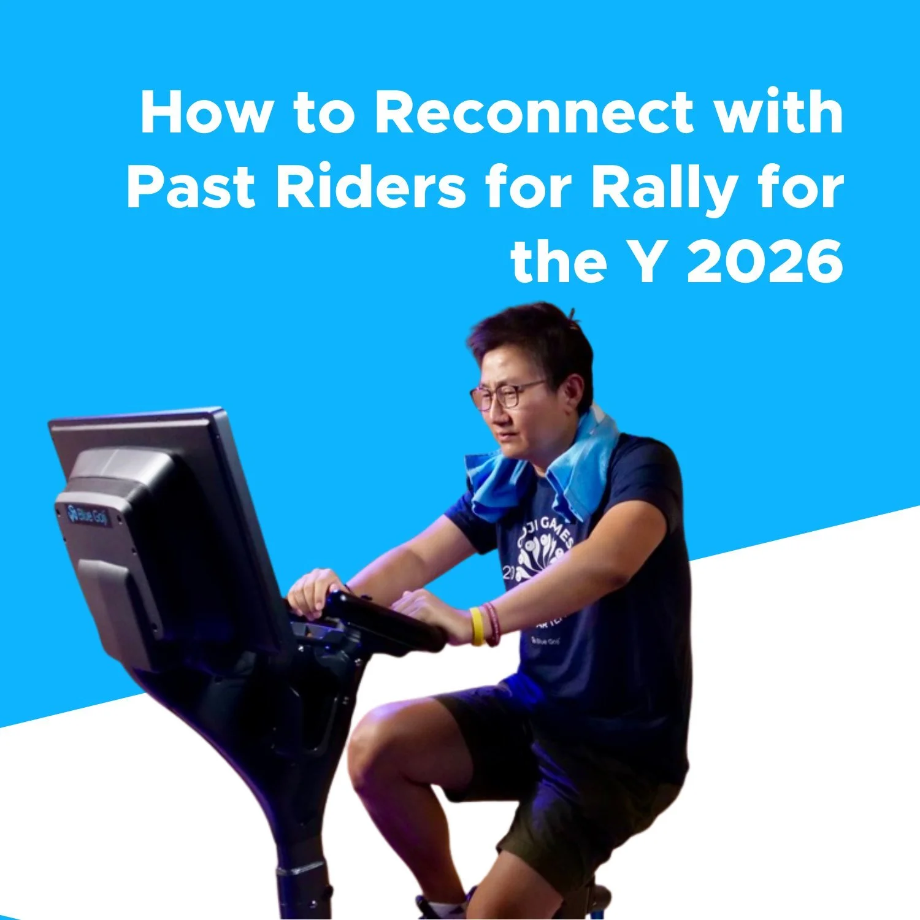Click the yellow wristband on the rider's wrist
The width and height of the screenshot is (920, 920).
[477, 626]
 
